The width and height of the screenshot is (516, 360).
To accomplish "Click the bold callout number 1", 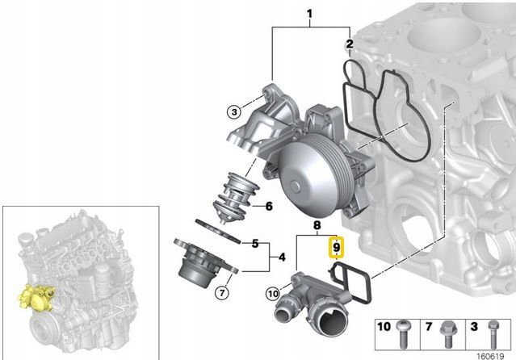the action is pyautogui.click(x=309, y=14).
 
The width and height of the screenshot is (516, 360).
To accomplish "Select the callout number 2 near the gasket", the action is pyautogui.click(x=350, y=44).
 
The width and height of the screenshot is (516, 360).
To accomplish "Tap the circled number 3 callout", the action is pyautogui.click(x=234, y=112).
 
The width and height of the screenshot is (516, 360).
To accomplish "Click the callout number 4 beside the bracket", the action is pyautogui.click(x=282, y=257).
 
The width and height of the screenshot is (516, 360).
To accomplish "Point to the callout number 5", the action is pyautogui.click(x=255, y=244).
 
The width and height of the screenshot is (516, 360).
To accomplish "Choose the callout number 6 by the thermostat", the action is pyautogui.click(x=269, y=207).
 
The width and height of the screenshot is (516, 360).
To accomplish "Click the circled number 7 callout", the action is pyautogui.click(x=222, y=292).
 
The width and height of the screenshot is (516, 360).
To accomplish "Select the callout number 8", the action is pyautogui.click(x=317, y=225).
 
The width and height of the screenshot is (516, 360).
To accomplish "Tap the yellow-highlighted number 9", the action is pyautogui.click(x=336, y=247).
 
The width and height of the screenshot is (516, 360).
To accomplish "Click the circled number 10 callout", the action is pyautogui.click(x=273, y=293).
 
